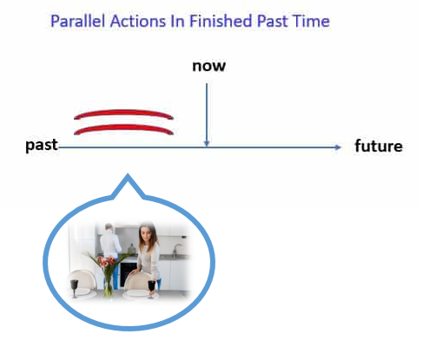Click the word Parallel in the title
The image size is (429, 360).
coord(78,21)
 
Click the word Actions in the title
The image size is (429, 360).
coord(138,21)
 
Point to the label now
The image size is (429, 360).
coord(209,66)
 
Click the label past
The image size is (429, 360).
coord(42,145)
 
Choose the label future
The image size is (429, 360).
coord(379,146)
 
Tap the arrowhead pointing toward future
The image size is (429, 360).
coord(338,147)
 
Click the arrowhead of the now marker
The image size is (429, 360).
coord(207,144)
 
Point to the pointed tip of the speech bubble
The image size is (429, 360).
coord(128,174)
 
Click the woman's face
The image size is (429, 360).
coord(146,232)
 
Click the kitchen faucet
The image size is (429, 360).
coord(176,250)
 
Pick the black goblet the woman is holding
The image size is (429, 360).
coord(151,288)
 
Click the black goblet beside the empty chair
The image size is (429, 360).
coord(75,288)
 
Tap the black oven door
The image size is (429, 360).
coord(129,274)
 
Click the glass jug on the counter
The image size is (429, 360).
coord(132,249)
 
